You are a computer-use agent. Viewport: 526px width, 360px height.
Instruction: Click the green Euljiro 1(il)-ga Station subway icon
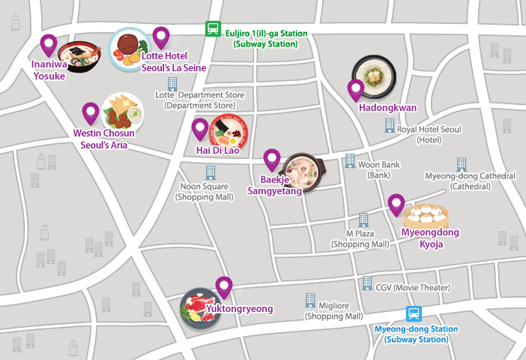coord(214,29)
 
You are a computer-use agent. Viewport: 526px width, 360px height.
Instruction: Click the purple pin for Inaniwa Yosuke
coord(49,46)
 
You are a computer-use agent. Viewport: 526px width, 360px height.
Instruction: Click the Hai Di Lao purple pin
coord(200,130)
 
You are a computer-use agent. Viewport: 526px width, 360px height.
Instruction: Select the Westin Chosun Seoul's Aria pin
coord(91,113)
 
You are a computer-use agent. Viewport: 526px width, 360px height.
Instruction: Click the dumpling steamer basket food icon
coord(426,216)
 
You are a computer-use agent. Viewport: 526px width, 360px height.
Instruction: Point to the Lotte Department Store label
coord(199,100)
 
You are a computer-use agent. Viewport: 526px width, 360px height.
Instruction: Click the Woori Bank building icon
coord(350,161)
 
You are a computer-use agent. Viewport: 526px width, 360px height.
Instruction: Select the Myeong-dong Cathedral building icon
coord(460,163)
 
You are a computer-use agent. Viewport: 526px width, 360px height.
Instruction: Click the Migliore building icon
coord(310,301)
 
